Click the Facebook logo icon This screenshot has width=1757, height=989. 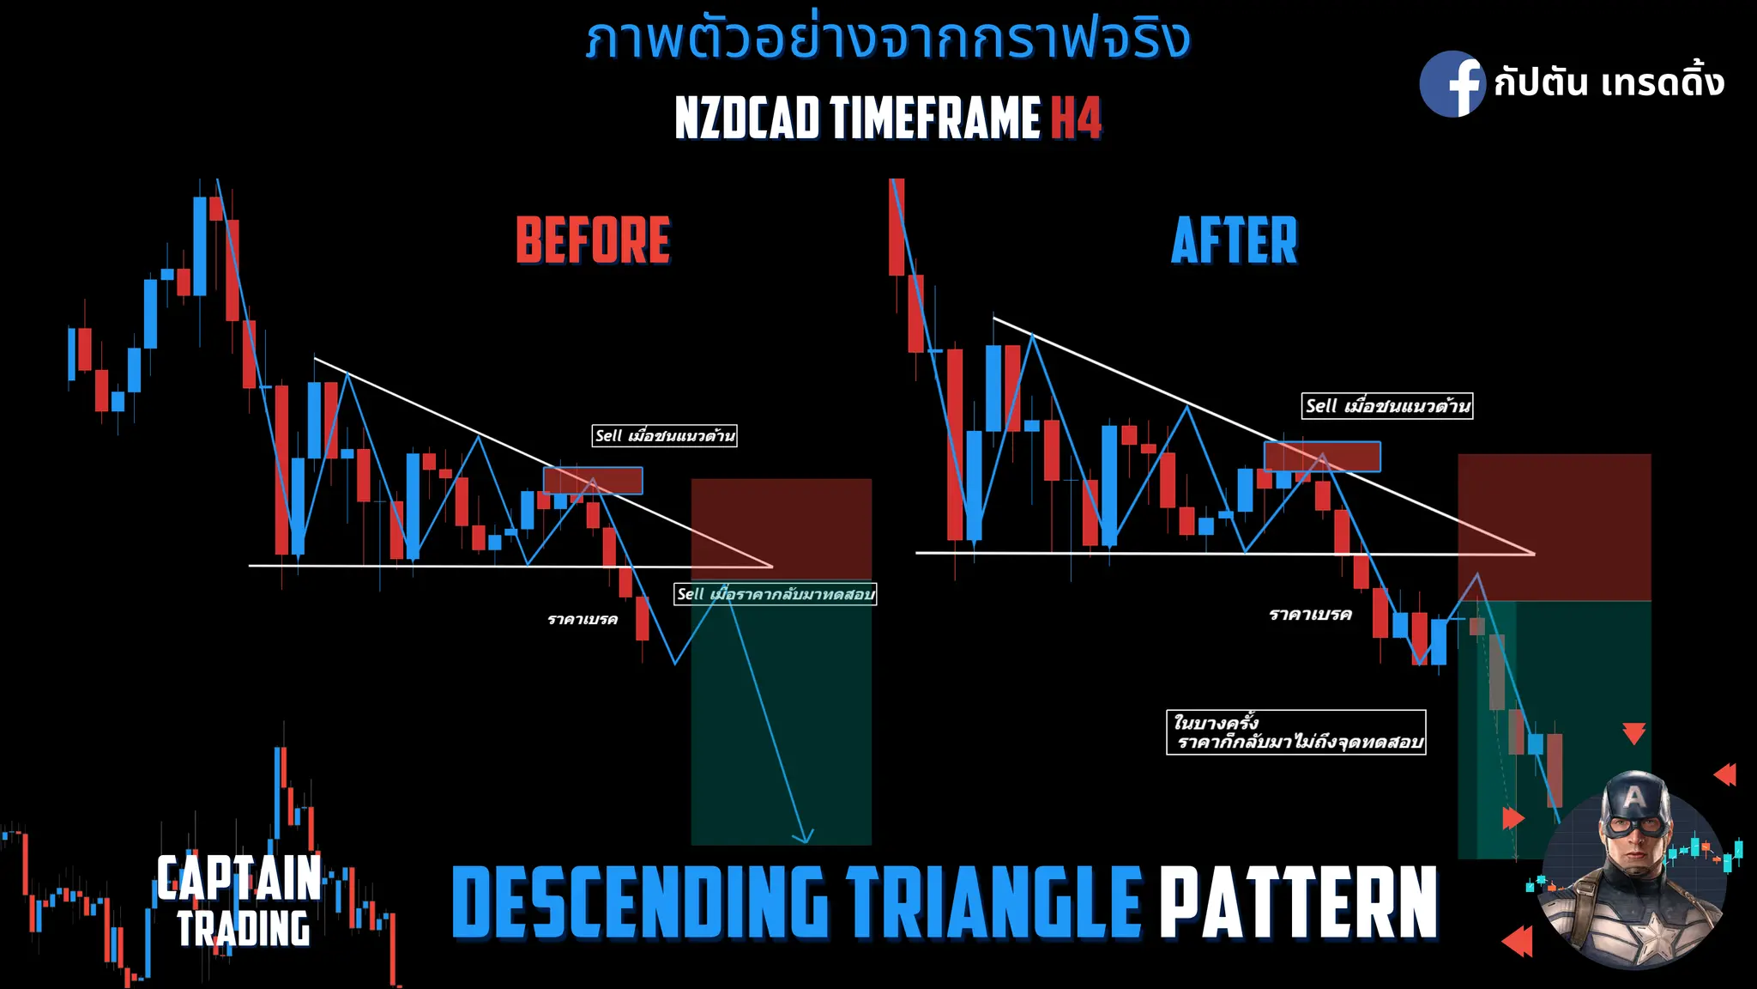pos(1452,84)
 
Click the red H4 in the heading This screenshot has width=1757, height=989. pos(1076,118)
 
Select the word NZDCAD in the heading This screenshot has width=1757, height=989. pos(747,118)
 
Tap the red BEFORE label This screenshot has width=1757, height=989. pos(593,240)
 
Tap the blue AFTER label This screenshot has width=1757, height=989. pos(1235,240)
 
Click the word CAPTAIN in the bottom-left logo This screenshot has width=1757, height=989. pos(238,878)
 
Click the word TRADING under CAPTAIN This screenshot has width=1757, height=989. pos(244,929)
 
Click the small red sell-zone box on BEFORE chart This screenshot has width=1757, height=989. pos(593,480)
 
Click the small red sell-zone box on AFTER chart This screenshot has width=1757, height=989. pos(1322,456)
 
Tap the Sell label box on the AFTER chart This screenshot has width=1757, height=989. pos(1387,406)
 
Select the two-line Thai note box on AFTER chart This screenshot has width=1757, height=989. pos(1295,732)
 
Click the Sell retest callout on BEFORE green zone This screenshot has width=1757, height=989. pos(775,594)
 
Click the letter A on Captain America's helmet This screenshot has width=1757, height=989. pos(1634,798)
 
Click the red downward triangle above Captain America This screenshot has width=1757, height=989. pos(1633,733)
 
